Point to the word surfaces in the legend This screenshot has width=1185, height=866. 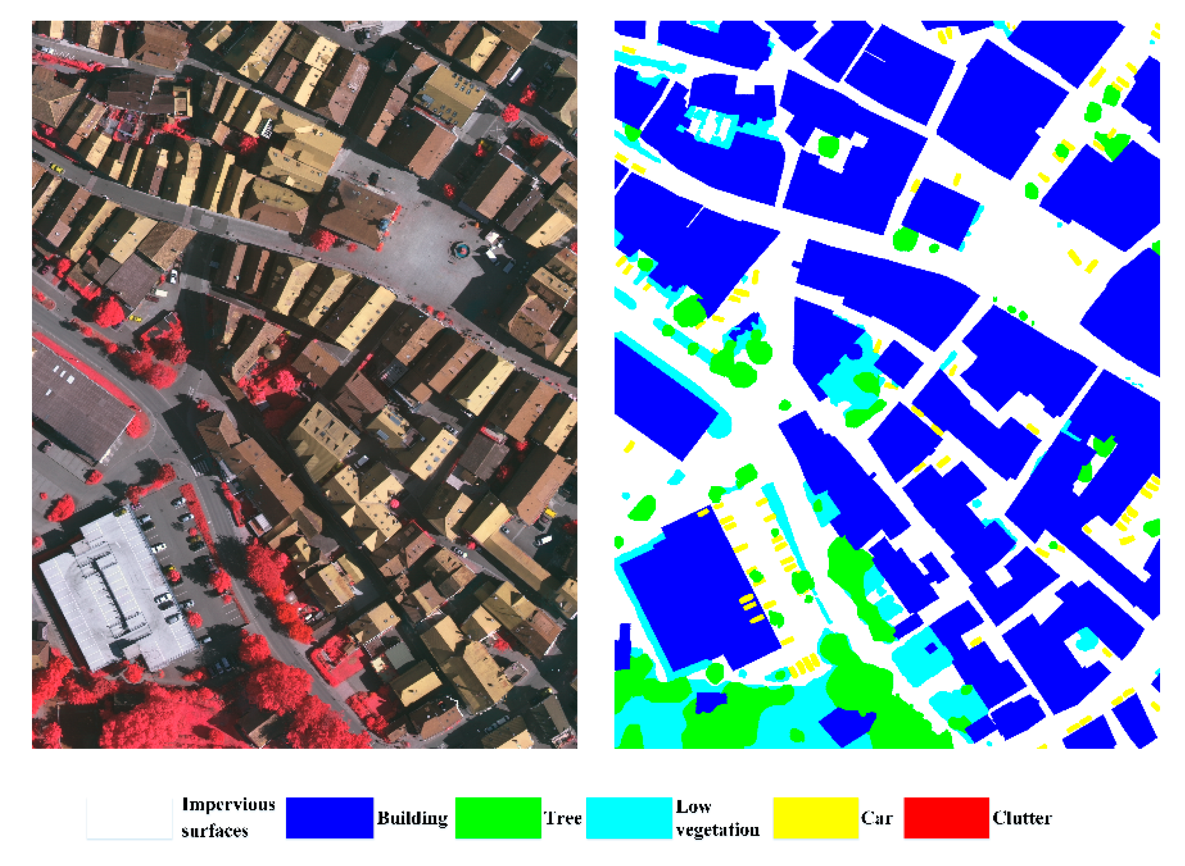pyautogui.click(x=215, y=831)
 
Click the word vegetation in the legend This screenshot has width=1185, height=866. pyautogui.click(x=717, y=830)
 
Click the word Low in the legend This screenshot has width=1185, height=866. pyautogui.click(x=693, y=806)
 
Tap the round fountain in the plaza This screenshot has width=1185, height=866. pyautogui.click(x=461, y=250)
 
